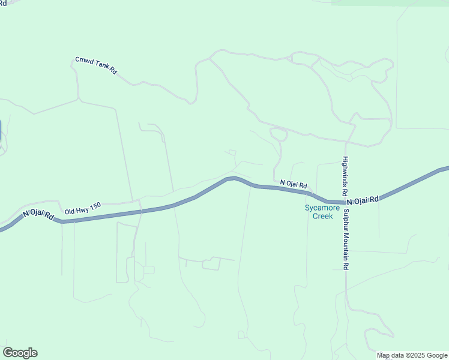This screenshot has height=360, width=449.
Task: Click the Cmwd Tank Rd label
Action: point(96,65)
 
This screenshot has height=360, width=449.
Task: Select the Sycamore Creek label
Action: point(322,212)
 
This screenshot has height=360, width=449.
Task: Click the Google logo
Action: point(20,353)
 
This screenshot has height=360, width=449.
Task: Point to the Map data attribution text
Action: point(412,355)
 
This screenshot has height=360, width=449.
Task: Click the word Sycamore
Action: point(322,208)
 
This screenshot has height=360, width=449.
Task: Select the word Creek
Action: point(322,216)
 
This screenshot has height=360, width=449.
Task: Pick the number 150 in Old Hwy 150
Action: point(94,205)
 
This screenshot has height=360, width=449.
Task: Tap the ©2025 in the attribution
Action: point(418,355)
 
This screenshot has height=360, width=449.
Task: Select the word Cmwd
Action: point(83,61)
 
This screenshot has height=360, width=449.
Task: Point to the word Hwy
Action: point(82,208)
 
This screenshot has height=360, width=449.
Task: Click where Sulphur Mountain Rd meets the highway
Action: point(346,203)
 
